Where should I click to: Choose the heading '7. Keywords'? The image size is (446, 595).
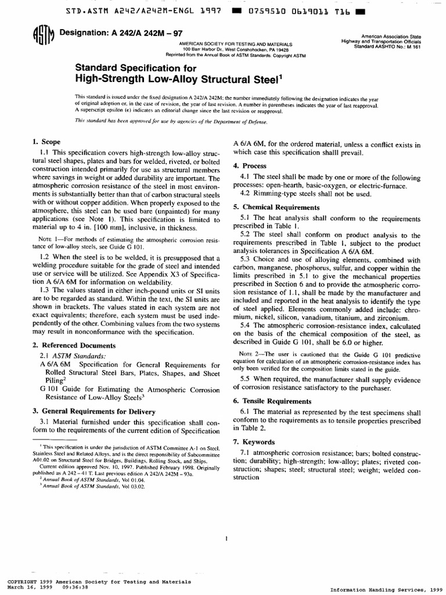coord(253,442)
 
